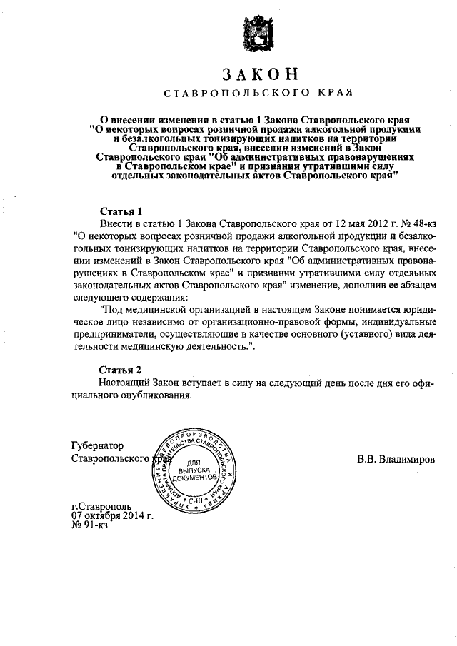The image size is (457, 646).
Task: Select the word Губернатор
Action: [99, 444]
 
